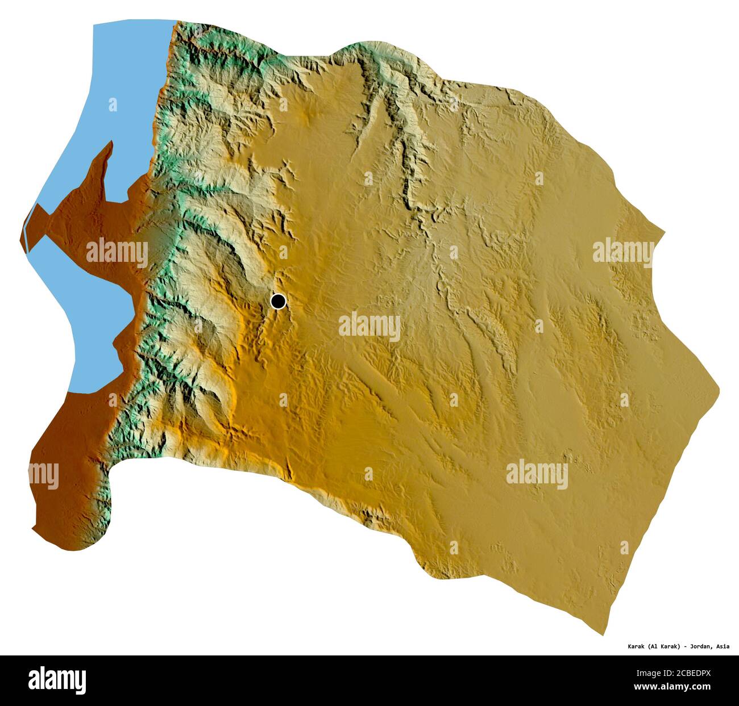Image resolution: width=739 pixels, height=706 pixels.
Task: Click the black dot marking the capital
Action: point(278,301)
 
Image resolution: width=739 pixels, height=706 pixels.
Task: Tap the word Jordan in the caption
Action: point(700,646)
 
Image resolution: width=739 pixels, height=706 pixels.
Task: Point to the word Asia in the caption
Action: point(723,646)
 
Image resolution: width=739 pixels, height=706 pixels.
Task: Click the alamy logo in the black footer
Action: point(57,680)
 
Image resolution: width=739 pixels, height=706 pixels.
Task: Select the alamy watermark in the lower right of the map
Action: point(537,474)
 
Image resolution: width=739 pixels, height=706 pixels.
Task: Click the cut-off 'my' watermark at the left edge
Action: point(44,474)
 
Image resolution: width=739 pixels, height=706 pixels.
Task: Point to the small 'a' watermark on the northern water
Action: point(113,105)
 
